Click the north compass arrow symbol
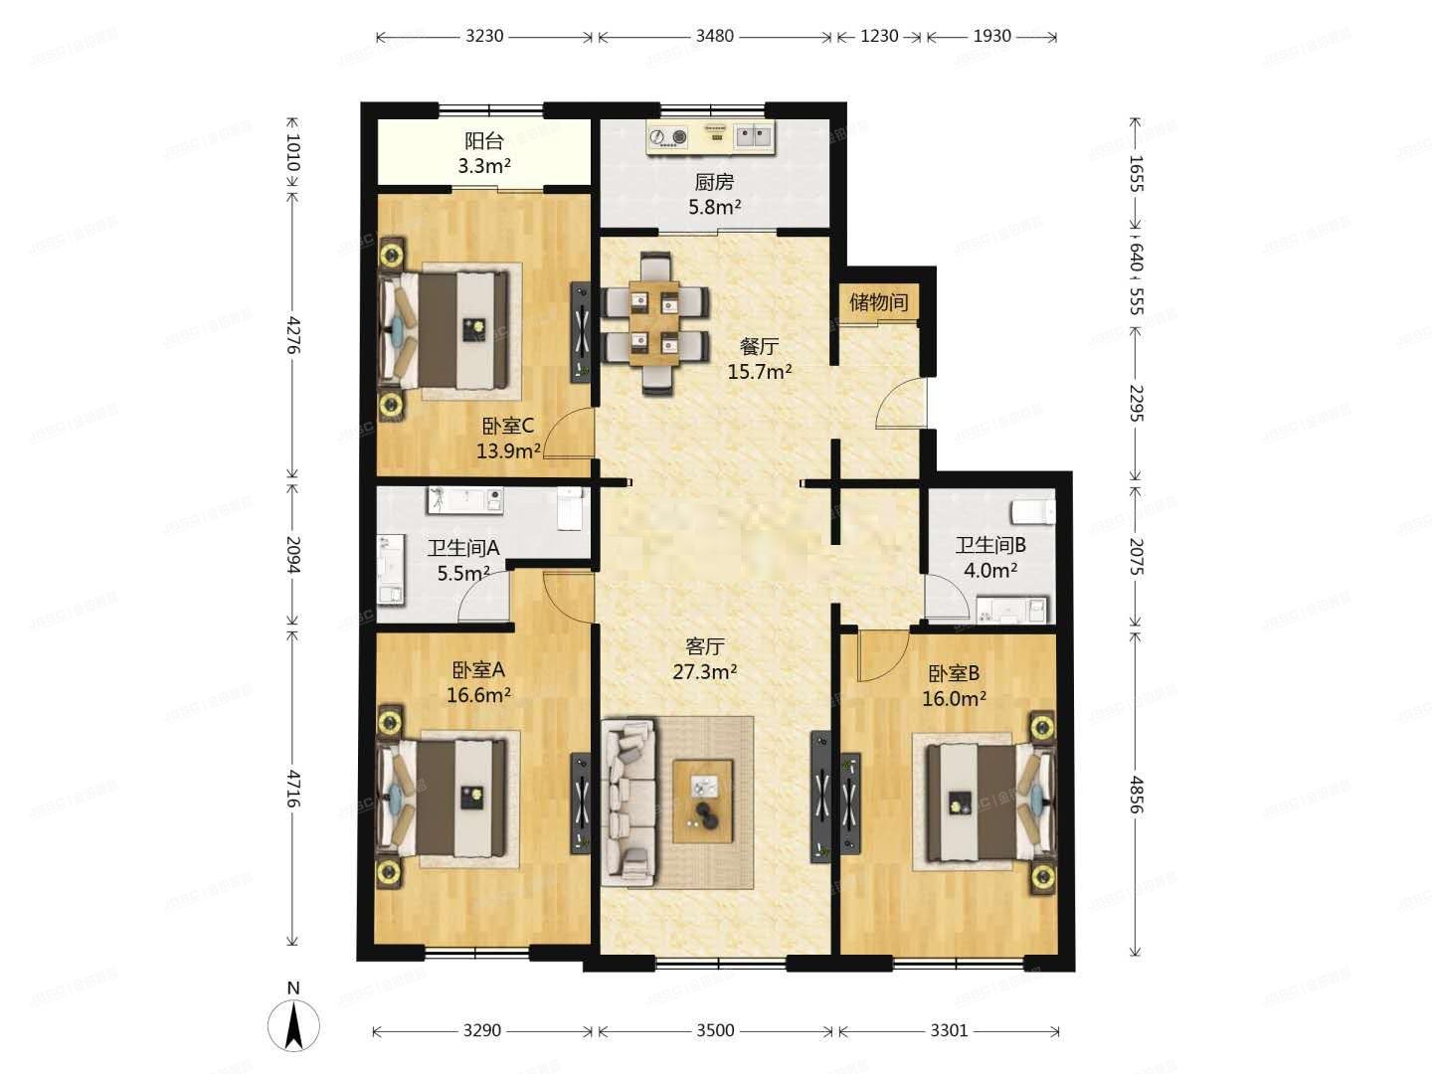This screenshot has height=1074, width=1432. [x=293, y=1025]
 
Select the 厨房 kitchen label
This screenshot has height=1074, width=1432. [x=714, y=183]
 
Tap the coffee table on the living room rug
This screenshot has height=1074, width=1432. [x=703, y=796]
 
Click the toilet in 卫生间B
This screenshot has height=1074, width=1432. [x=1031, y=511]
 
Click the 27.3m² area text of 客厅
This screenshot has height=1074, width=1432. [x=704, y=672]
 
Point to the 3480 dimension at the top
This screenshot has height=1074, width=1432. [x=713, y=37]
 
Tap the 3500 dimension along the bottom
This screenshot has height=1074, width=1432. [x=714, y=1030]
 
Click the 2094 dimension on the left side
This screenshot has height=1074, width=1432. [x=292, y=554]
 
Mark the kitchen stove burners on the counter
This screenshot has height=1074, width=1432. [x=668, y=137]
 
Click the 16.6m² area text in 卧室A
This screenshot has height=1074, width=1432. [x=478, y=694]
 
